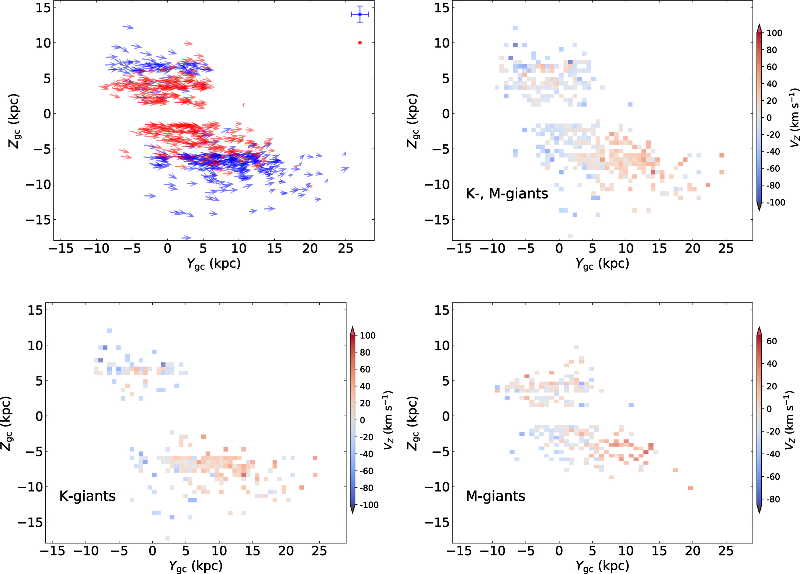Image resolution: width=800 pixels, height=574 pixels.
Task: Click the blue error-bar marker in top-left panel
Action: (360, 15)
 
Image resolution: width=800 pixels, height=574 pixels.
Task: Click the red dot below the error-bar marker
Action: (360, 43)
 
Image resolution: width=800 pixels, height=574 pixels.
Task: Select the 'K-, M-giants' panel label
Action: (507, 194)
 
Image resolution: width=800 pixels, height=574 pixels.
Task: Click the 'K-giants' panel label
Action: (87, 496)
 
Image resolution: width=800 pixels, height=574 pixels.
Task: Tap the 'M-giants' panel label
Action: (495, 496)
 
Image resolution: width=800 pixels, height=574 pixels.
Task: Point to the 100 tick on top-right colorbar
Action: (774, 33)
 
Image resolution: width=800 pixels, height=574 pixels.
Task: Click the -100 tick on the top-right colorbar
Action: (776, 202)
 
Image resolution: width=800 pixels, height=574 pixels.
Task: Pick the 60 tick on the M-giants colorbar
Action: (772, 341)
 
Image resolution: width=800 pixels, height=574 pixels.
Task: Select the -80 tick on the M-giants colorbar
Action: (773, 499)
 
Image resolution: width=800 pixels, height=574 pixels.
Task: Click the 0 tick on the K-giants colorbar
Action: (362, 420)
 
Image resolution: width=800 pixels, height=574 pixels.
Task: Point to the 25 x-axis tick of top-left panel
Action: (345, 249)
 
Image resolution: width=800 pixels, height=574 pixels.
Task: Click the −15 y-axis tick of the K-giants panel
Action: (30, 522)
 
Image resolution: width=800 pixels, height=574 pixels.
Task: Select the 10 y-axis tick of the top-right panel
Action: (442, 43)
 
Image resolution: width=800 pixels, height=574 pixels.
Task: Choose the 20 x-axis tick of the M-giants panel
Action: (692, 551)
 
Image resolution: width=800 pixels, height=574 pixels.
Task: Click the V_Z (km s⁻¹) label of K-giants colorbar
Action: (388, 420)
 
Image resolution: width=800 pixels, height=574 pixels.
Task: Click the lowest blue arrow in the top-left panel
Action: (187, 238)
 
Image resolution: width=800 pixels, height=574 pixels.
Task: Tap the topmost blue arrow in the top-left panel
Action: (128, 27)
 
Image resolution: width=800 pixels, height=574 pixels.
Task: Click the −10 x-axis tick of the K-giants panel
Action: (86, 551)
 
